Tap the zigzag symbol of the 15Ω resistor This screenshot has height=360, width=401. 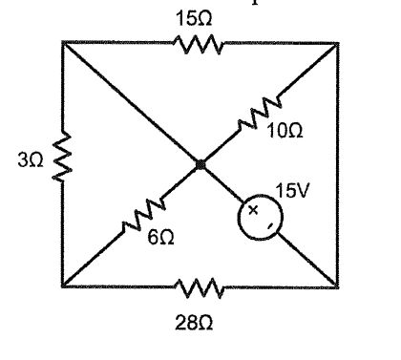pos(198,42)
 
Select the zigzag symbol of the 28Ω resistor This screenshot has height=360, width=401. pos(199,286)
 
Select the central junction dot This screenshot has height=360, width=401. pos(200,165)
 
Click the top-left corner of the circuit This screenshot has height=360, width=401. pos(62,42)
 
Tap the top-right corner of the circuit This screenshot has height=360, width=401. pos(337,42)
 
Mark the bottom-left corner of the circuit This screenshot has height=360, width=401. pos(62,286)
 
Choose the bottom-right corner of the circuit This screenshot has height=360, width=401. pos(337,286)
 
